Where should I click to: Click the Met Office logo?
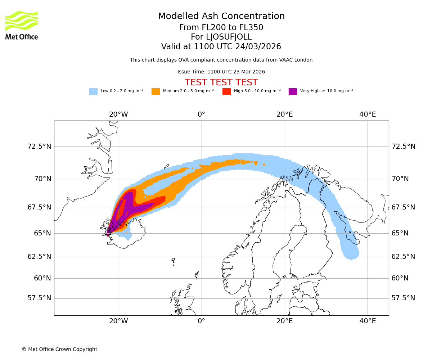click(22, 25)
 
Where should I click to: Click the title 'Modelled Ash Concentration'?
click(221, 17)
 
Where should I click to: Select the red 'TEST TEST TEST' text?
click(221, 82)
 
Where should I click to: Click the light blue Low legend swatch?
click(93, 91)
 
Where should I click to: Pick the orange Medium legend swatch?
click(156, 91)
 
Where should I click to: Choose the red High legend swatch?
click(226, 91)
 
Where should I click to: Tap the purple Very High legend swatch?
click(293, 91)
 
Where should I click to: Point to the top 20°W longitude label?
click(118, 114)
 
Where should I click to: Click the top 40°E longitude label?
click(367, 114)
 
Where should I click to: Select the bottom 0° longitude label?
click(201, 321)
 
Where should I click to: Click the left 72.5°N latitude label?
click(39, 147)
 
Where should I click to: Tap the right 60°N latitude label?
click(400, 278)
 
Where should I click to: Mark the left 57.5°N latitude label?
click(39, 298)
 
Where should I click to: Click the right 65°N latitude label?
click(400, 233)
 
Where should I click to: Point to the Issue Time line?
click(221, 72)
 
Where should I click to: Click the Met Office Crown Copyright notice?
click(59, 350)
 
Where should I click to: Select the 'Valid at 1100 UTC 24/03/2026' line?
click(221, 47)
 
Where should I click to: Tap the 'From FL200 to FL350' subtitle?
click(221, 28)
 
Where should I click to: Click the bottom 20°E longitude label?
click(284, 321)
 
